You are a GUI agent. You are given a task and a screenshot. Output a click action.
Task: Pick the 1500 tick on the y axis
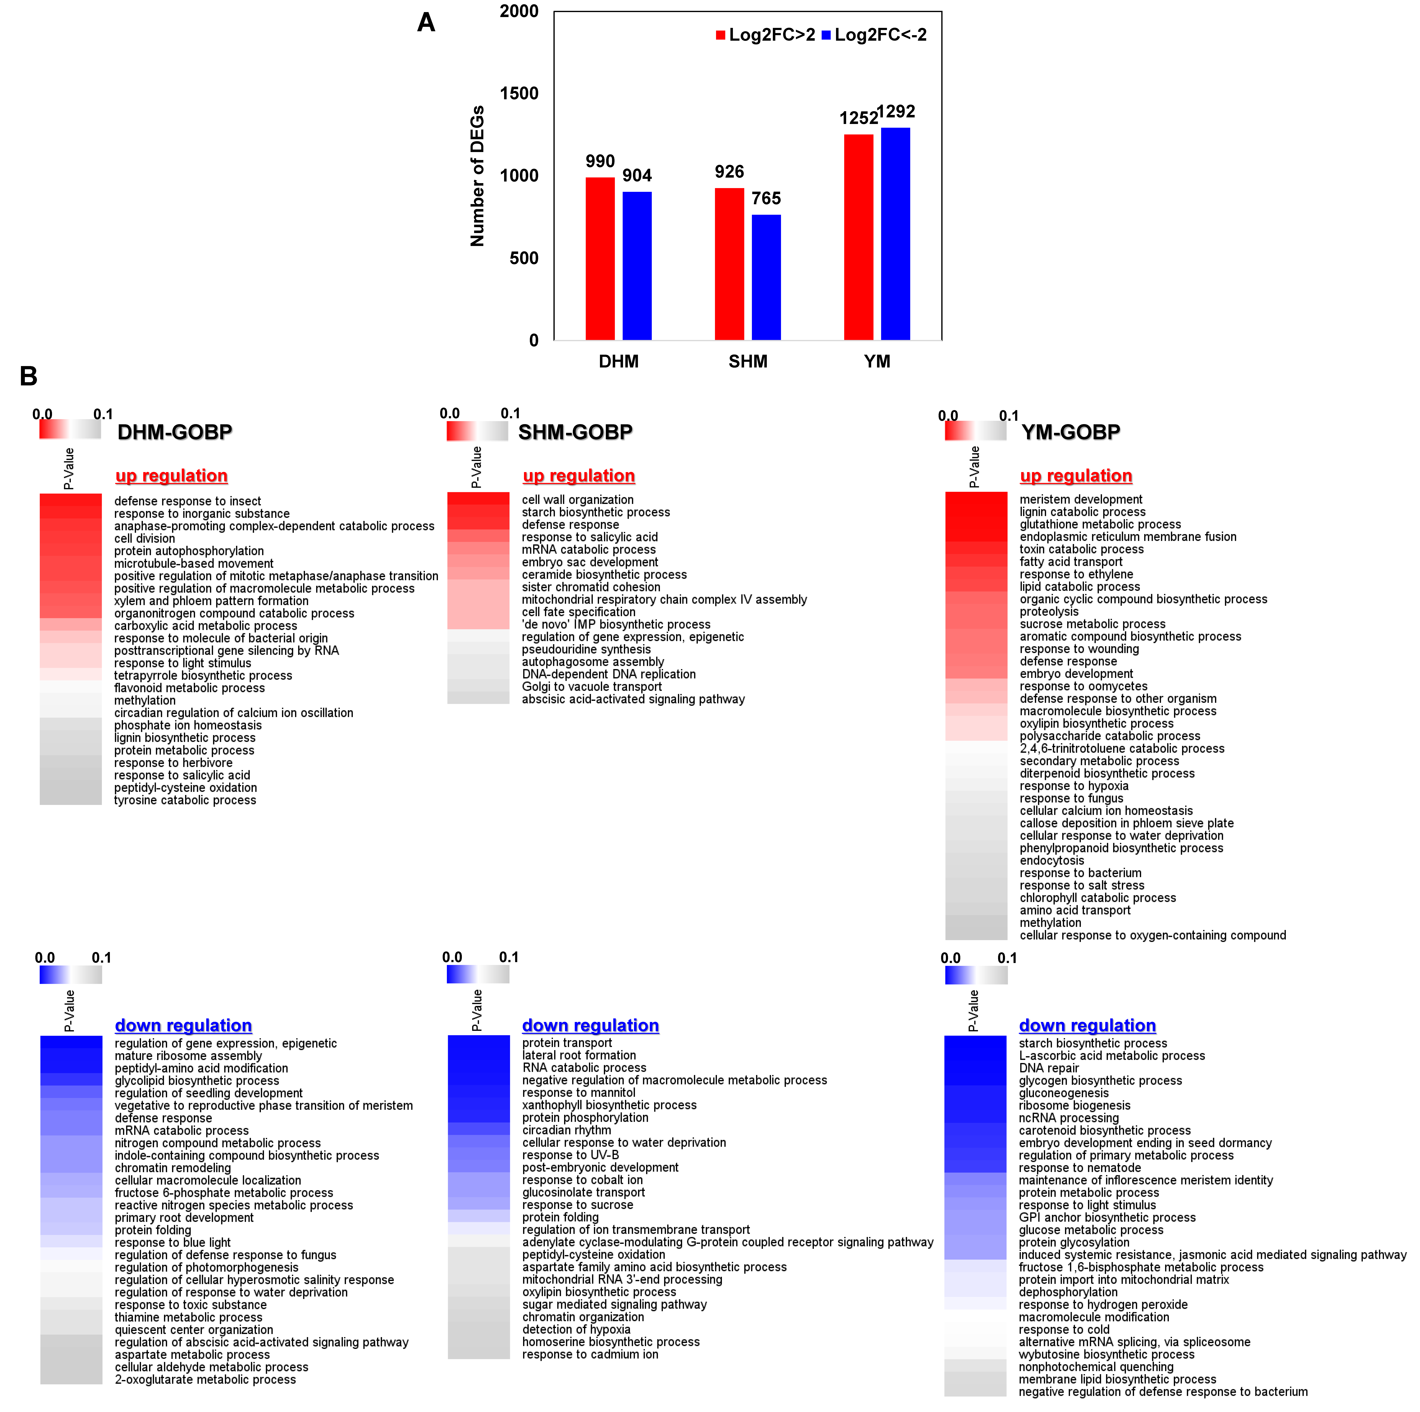(519, 93)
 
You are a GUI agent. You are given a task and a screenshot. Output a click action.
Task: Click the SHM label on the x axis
(747, 361)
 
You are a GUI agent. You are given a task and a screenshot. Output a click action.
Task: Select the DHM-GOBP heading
(175, 432)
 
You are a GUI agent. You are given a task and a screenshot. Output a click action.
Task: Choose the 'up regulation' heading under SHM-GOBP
(578, 476)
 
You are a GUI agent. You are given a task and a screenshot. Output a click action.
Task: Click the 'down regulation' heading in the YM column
(1087, 1025)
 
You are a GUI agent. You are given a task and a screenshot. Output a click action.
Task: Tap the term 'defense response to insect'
(187, 501)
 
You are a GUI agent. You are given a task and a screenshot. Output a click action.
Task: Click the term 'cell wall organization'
(578, 499)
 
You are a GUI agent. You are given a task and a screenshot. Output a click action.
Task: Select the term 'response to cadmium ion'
(590, 1354)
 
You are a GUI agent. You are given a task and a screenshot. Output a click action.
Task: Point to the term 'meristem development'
(1080, 499)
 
